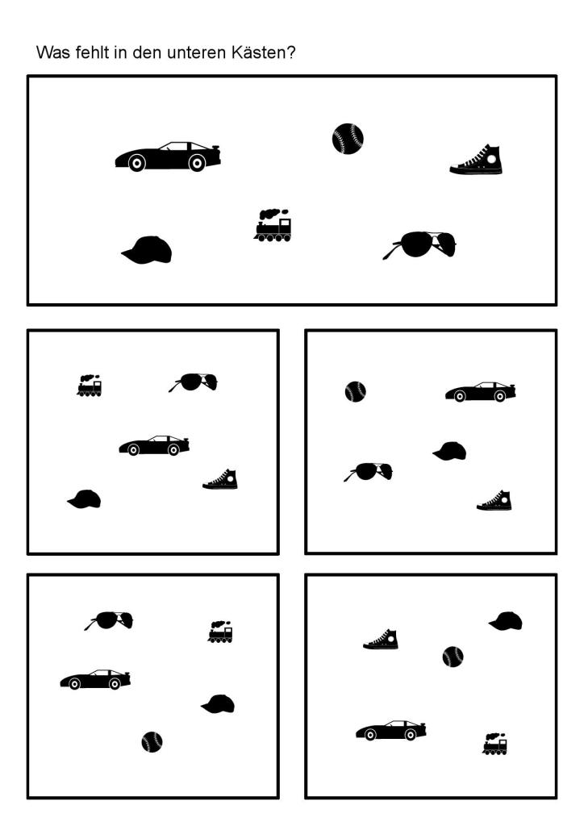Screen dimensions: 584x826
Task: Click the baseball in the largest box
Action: [x=348, y=139]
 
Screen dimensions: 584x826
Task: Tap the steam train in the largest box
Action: [x=273, y=225]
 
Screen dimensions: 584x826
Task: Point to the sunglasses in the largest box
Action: [x=419, y=245]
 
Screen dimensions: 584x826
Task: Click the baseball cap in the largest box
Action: [x=147, y=250]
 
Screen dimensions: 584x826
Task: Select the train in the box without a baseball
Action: [x=90, y=386]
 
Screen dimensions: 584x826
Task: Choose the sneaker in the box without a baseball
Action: [x=220, y=479]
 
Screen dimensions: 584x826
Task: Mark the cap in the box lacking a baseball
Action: [x=84, y=499]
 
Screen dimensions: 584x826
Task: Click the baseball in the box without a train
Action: [x=356, y=391]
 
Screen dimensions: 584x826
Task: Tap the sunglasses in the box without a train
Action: [x=368, y=471]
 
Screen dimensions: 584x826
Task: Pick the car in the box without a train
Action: [x=480, y=392]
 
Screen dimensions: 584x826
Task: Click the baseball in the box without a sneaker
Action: [x=152, y=742]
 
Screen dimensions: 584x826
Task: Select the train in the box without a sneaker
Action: [x=220, y=632]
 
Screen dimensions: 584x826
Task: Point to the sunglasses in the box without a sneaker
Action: [x=108, y=620]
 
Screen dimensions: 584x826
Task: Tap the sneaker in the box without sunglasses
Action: [x=381, y=639]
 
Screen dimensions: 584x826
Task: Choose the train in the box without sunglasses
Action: [x=495, y=744]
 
